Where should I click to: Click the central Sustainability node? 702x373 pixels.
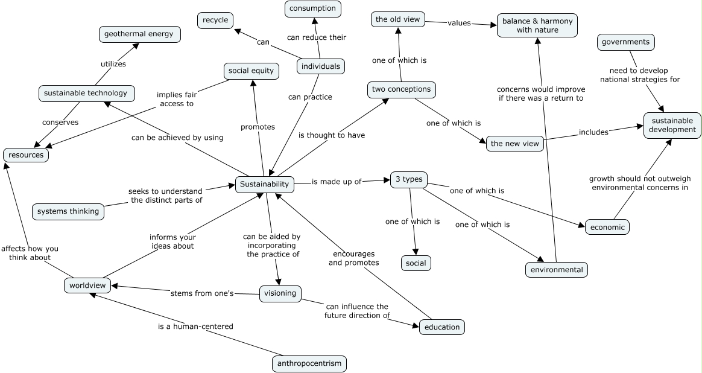(264, 185)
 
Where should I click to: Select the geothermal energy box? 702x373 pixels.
(139, 34)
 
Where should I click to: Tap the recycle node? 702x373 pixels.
(215, 21)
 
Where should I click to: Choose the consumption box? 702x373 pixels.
(312, 8)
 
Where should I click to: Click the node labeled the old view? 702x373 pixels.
(397, 20)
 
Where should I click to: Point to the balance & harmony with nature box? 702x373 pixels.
(537, 25)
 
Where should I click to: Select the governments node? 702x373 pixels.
(626, 42)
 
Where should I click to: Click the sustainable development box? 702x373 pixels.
(672, 126)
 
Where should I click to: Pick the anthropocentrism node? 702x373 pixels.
(309, 363)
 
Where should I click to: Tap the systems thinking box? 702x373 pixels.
(68, 212)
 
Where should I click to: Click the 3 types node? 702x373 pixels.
(409, 179)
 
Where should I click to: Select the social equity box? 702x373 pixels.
(251, 71)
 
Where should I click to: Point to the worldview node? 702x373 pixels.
(87, 285)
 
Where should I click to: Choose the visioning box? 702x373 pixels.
(280, 293)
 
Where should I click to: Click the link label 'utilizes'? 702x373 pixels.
(113, 64)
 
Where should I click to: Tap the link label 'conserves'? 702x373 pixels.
(60, 123)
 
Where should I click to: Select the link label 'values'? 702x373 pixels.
(459, 24)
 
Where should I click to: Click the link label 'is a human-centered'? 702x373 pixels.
(195, 327)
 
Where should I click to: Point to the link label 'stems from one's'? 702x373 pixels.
(201, 293)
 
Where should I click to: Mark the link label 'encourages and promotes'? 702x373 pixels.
(353, 258)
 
